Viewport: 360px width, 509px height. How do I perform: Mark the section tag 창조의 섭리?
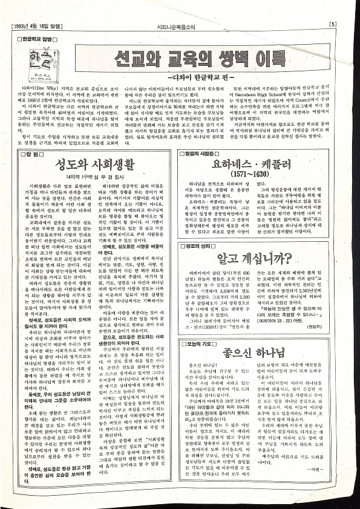pyautogui.click(x=200, y=245)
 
